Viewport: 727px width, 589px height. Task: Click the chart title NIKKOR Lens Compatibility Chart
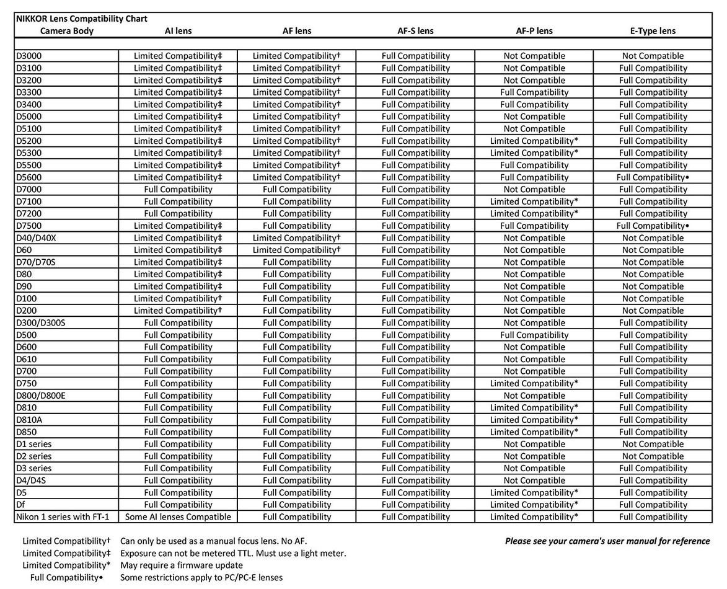(81, 19)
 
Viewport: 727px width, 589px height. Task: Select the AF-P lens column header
(534, 30)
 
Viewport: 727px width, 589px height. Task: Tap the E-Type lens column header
(652, 30)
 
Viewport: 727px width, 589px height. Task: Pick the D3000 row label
(29, 56)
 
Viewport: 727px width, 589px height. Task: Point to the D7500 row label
(29, 226)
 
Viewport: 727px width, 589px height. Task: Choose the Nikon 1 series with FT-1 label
(66, 517)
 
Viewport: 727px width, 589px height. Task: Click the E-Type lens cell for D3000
(653, 56)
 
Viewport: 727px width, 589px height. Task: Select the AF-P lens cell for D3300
(534, 92)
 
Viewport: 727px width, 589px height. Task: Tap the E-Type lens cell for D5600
(653, 177)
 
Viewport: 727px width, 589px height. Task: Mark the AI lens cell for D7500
(178, 226)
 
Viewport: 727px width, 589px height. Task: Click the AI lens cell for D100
(178, 299)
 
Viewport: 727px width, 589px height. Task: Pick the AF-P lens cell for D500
(534, 335)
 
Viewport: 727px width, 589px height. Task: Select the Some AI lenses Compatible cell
(178, 517)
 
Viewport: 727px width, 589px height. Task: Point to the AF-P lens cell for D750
(534, 384)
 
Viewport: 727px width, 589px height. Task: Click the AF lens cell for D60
(297, 250)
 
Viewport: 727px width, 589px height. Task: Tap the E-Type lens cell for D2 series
(653, 456)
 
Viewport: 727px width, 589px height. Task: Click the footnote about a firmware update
(182, 565)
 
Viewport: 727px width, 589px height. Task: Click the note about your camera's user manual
(607, 541)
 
